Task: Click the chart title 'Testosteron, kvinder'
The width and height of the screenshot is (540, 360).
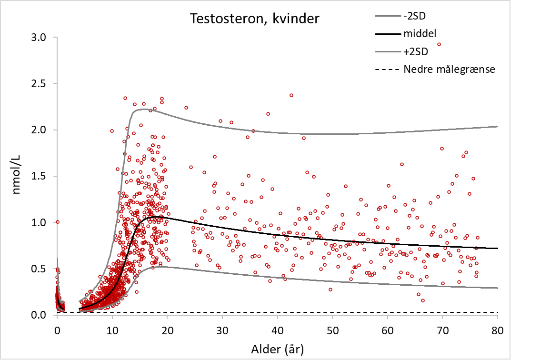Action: [x=255, y=19]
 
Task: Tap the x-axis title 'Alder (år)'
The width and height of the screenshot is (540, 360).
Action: [x=278, y=349]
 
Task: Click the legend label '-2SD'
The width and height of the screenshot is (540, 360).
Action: [x=414, y=17]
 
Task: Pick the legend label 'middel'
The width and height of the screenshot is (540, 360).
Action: [x=420, y=34]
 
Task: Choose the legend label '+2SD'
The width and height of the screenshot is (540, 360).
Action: [x=415, y=51]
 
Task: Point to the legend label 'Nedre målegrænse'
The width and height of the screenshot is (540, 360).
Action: [x=450, y=69]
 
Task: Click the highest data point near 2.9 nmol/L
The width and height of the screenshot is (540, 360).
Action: [x=439, y=44]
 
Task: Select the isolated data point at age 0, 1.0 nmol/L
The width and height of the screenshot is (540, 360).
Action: [x=58, y=222]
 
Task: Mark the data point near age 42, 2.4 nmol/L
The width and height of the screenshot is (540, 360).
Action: [x=291, y=95]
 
